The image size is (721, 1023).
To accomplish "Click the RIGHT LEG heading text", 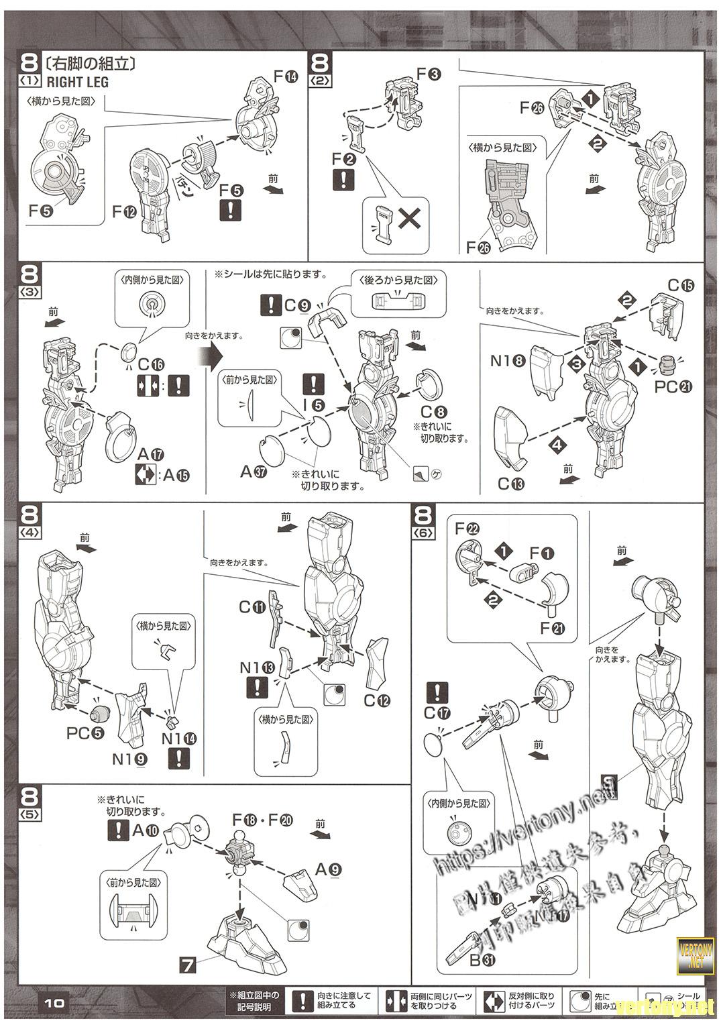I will pos(77,83).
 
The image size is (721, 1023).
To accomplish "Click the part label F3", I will pos(429,74).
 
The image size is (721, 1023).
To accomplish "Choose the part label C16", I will pos(150,365).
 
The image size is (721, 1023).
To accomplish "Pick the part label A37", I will pos(254,471).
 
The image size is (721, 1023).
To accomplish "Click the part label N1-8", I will pos(508,360).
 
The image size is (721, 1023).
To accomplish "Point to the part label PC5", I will pos(85,733).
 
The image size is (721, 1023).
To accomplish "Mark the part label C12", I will pos(377,700).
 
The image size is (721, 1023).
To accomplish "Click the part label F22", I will pos(467,529).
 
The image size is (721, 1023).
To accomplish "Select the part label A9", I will pos(329,870).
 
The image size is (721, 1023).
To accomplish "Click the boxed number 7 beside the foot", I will pos(188,966).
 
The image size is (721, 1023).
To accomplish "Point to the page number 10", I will pos(54,1004).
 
